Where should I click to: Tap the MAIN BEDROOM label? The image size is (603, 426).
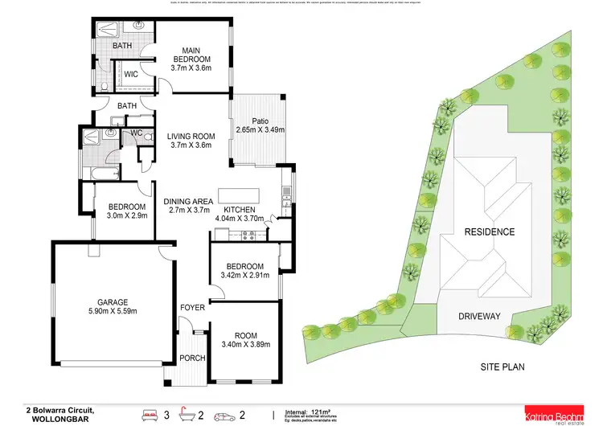(x=191, y=54)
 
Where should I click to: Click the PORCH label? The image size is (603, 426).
(x=191, y=358)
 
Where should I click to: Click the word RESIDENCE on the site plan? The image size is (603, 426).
(x=489, y=231)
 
